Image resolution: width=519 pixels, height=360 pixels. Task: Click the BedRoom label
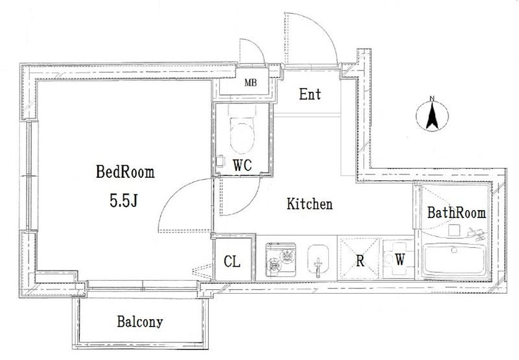pyautogui.click(x=125, y=172)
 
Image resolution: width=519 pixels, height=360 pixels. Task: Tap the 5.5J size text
pyautogui.click(x=123, y=200)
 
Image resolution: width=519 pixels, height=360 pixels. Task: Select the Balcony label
pyautogui.click(x=139, y=322)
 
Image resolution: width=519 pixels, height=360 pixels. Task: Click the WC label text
pyautogui.click(x=242, y=165)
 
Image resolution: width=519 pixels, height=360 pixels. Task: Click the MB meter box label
pyautogui.click(x=250, y=83)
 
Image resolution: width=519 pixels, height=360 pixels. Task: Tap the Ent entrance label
pyautogui.click(x=310, y=94)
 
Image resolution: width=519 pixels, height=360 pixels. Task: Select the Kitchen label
pyautogui.click(x=309, y=204)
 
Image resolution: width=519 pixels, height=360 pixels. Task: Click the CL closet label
pyautogui.click(x=232, y=261)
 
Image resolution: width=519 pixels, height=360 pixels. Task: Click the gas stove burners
pyautogui.click(x=281, y=259)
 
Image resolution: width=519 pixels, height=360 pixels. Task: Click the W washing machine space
pyautogui.click(x=399, y=259)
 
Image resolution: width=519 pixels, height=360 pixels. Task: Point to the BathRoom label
pyautogui.click(x=457, y=213)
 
